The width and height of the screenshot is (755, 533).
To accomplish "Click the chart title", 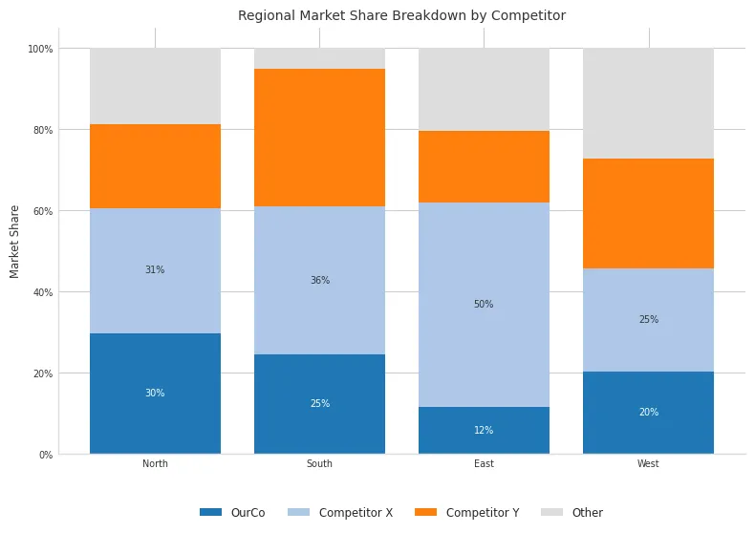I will point(401,16).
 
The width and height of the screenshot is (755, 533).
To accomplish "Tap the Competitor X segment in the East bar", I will point(484,267).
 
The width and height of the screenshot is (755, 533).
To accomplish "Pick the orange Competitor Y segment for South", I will point(319,138).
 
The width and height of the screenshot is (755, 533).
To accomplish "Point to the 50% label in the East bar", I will point(484,305).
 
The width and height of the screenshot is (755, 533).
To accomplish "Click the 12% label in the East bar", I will point(484,431).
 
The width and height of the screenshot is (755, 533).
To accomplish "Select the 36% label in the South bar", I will point(319,281).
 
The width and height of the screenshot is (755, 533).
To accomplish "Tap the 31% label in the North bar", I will point(155,270).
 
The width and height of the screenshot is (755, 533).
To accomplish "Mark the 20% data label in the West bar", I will point(648,413).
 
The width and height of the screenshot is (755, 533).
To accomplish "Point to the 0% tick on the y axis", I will point(45,455).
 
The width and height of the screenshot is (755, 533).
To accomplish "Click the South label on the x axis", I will point(319,464).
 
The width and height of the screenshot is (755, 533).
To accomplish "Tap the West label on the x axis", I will point(648,464).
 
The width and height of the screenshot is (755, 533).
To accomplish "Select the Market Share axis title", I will point(14,241).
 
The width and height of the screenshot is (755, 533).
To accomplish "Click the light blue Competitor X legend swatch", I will point(299,513).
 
